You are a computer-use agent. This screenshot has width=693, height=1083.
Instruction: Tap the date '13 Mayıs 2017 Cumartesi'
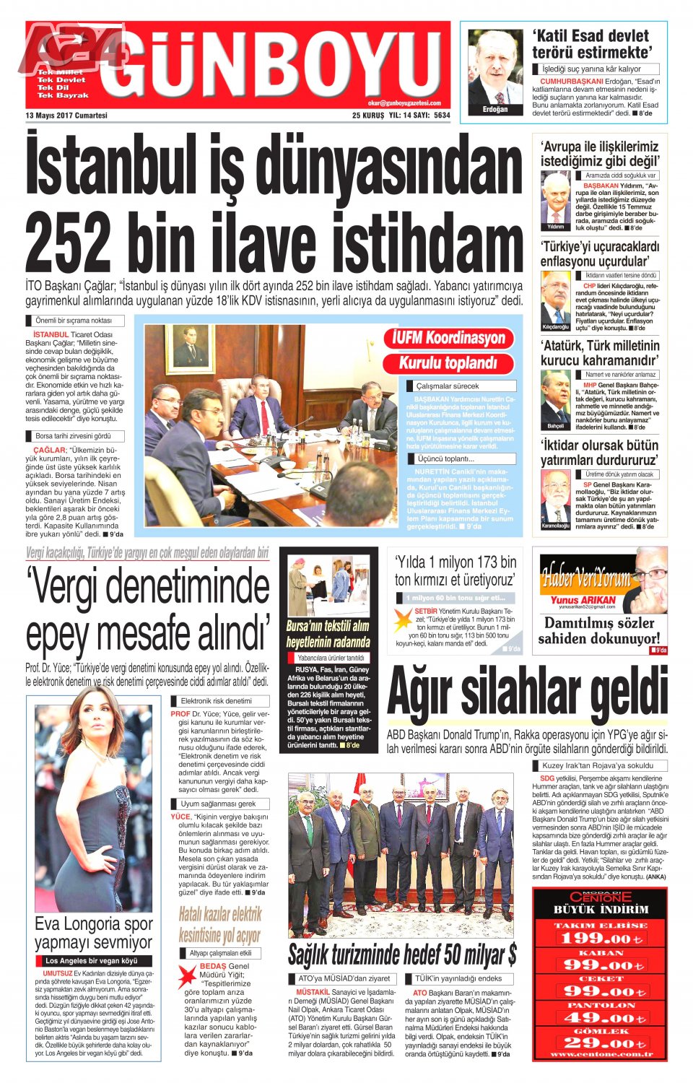point(66,116)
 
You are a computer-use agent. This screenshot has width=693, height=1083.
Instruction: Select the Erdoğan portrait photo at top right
point(495,71)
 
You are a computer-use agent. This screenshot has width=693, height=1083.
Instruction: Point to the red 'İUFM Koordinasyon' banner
point(448,338)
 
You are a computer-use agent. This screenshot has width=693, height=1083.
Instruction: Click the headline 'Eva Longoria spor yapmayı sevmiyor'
point(93,933)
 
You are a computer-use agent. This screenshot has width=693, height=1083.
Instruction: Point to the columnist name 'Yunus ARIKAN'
point(583,600)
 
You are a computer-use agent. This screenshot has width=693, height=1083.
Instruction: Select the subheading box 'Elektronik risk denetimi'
point(216,701)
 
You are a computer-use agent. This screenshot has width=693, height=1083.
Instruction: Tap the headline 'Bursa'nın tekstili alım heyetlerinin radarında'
point(328,634)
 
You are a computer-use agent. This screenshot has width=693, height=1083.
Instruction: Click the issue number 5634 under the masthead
point(442,116)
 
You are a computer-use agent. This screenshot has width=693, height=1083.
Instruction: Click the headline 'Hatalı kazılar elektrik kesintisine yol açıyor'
point(219,925)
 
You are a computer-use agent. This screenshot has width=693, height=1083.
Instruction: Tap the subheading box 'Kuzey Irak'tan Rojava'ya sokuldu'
point(598,765)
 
